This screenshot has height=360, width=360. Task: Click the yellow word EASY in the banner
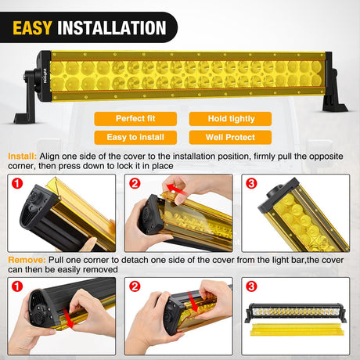coord(32,27)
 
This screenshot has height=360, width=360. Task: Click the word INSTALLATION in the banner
coord(112,27)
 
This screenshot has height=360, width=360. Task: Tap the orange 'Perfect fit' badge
coord(135,119)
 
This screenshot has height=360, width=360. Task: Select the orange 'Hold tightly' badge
coord(230,119)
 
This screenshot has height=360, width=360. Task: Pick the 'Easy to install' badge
coord(135,137)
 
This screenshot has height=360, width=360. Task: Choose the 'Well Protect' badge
coord(230,137)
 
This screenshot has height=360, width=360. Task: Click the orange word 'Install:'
coord(22,157)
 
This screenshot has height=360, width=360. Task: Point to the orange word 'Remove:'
coord(27,260)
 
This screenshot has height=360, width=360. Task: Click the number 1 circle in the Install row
coord(17,183)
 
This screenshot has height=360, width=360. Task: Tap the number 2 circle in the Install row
coord(135,183)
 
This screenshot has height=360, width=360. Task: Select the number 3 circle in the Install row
coord(251,183)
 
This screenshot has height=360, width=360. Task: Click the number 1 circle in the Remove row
coord(17,286)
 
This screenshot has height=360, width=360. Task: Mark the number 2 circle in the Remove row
coord(135,286)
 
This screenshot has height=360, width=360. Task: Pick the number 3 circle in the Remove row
coord(251,286)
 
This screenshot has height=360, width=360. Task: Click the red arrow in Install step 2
coord(177,189)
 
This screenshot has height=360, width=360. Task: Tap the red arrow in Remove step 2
coord(193,303)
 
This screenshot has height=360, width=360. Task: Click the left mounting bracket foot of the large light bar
coord(25,118)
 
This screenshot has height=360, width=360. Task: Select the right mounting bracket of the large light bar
coord(334,84)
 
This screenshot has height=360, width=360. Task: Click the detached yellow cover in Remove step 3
coord(297,329)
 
